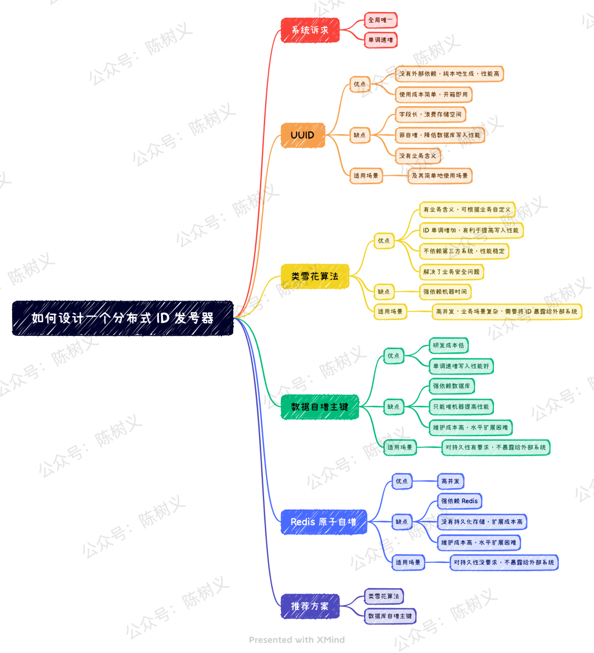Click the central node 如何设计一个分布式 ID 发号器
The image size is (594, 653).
pyautogui.click(x=123, y=318)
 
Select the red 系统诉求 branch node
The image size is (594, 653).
pyautogui.click(x=310, y=30)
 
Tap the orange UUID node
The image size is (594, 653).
pyautogui.click(x=302, y=135)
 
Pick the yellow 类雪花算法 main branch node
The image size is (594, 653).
pyautogui.click(x=315, y=276)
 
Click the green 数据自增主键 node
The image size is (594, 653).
pyautogui.click(x=320, y=407)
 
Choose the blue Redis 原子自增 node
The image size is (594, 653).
pyautogui.click(x=324, y=522)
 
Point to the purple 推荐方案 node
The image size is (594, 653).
pyautogui.click(x=310, y=606)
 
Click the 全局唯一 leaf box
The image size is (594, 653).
pyautogui.click(x=381, y=20)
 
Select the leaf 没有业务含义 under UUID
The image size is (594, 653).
pyautogui.click(x=417, y=156)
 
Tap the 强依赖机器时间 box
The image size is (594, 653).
pyautogui.click(x=445, y=291)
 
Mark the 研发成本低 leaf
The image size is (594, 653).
pyautogui.click(x=448, y=345)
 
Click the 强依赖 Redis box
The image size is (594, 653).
pyautogui.click(x=459, y=501)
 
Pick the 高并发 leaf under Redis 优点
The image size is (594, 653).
pyautogui.click(x=450, y=481)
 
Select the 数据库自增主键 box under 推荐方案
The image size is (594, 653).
pyautogui.click(x=390, y=616)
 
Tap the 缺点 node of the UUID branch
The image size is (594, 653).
pyautogui.click(x=360, y=135)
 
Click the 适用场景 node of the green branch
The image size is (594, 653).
pyautogui.click(x=400, y=447)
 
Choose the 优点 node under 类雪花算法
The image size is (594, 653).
pyautogui.click(x=384, y=241)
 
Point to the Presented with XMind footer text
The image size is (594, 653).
pyautogui.click(x=297, y=640)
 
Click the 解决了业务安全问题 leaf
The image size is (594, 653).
pyautogui.click(x=452, y=272)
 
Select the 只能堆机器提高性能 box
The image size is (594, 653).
pyautogui.click(x=461, y=406)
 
